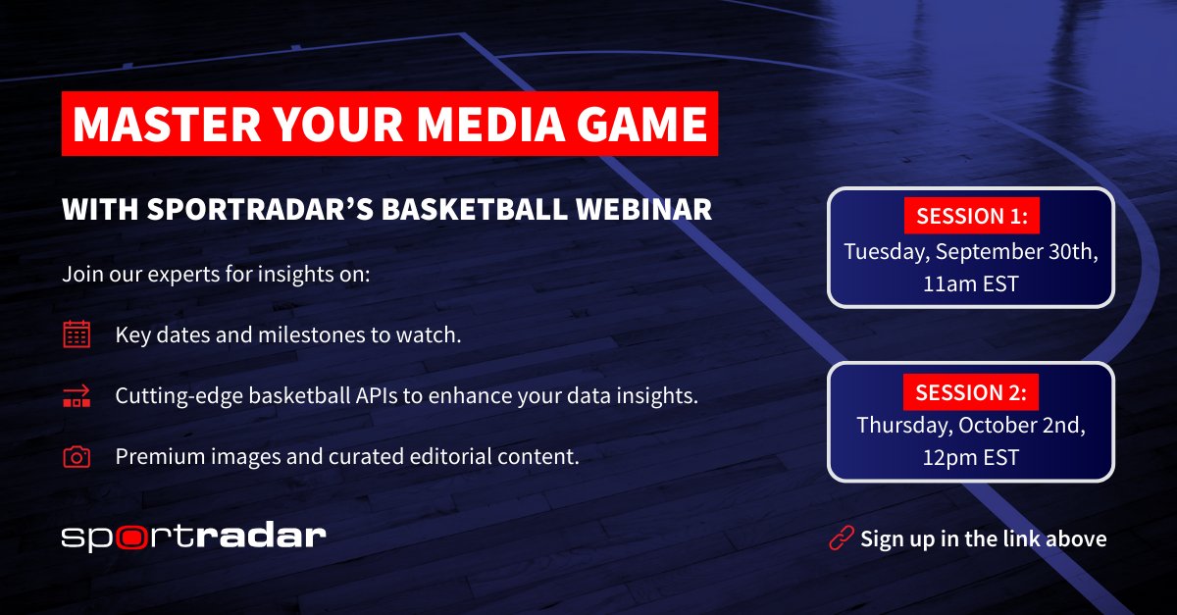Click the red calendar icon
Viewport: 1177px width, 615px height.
(x=77, y=334)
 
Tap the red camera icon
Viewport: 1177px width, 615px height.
(x=77, y=457)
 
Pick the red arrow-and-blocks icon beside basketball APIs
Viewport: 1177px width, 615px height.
(x=77, y=396)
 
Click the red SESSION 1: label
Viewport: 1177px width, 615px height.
(x=970, y=216)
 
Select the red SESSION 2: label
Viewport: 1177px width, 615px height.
(x=970, y=392)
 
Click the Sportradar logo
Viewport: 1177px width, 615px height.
(x=193, y=537)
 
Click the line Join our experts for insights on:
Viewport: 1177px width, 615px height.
(x=216, y=274)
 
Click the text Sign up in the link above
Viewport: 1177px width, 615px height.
(x=983, y=538)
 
